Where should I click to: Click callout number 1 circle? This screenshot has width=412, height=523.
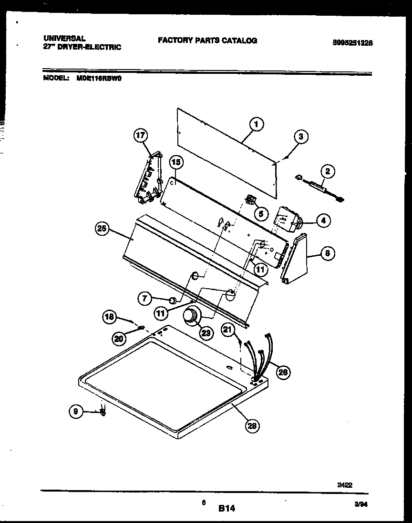pyautogui.click(x=256, y=125)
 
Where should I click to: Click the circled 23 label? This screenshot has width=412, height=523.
pyautogui.click(x=206, y=333)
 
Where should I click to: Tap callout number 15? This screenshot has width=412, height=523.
pyautogui.click(x=176, y=162)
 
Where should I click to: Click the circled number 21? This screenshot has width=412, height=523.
pyautogui.click(x=228, y=329)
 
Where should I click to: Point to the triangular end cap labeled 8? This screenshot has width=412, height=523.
pyautogui.click(x=295, y=260)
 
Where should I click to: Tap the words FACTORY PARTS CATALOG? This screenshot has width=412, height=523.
pyautogui.click(x=207, y=41)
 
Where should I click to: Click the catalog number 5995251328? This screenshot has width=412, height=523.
pyautogui.click(x=352, y=42)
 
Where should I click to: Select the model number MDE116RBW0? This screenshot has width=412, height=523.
pyautogui.click(x=99, y=80)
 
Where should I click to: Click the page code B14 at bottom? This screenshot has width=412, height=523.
pyautogui.click(x=227, y=509)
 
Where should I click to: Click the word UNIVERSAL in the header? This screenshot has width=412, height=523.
pyautogui.click(x=65, y=38)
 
